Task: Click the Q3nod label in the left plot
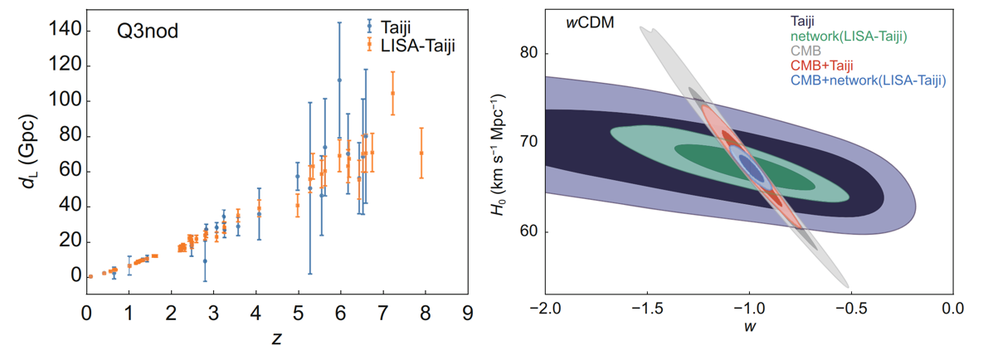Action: (x=148, y=34)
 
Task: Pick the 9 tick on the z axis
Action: (x=468, y=313)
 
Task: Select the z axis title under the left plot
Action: (x=275, y=339)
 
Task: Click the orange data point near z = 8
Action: (x=421, y=153)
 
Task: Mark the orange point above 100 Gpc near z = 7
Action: (x=392, y=93)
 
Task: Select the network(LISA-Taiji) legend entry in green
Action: (x=848, y=36)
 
